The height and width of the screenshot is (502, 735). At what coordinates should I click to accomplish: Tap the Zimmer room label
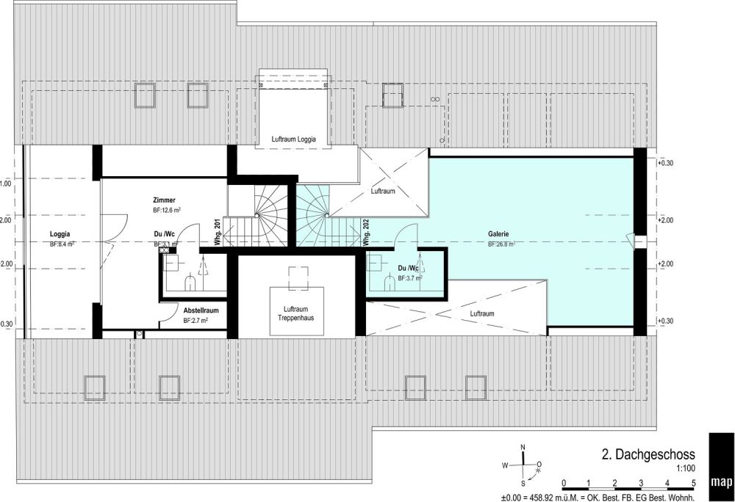[x=163, y=200]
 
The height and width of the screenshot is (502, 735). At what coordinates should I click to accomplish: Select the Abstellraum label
[x=201, y=310]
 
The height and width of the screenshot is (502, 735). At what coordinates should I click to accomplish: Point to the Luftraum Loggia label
[x=293, y=139]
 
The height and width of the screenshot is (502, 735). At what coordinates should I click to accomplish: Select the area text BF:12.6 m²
[x=167, y=210]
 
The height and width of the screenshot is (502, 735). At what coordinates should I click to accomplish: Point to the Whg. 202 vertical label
[x=365, y=233]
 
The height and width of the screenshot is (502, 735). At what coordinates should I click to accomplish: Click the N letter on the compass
[x=523, y=447]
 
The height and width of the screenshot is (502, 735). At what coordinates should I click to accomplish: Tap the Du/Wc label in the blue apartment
[x=407, y=269]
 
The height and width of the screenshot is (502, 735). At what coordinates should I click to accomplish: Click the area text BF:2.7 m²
[x=196, y=321]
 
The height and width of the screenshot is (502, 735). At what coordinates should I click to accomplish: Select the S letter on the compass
[x=523, y=484]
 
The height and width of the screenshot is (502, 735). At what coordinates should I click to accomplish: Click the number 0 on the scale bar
[x=563, y=483]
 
